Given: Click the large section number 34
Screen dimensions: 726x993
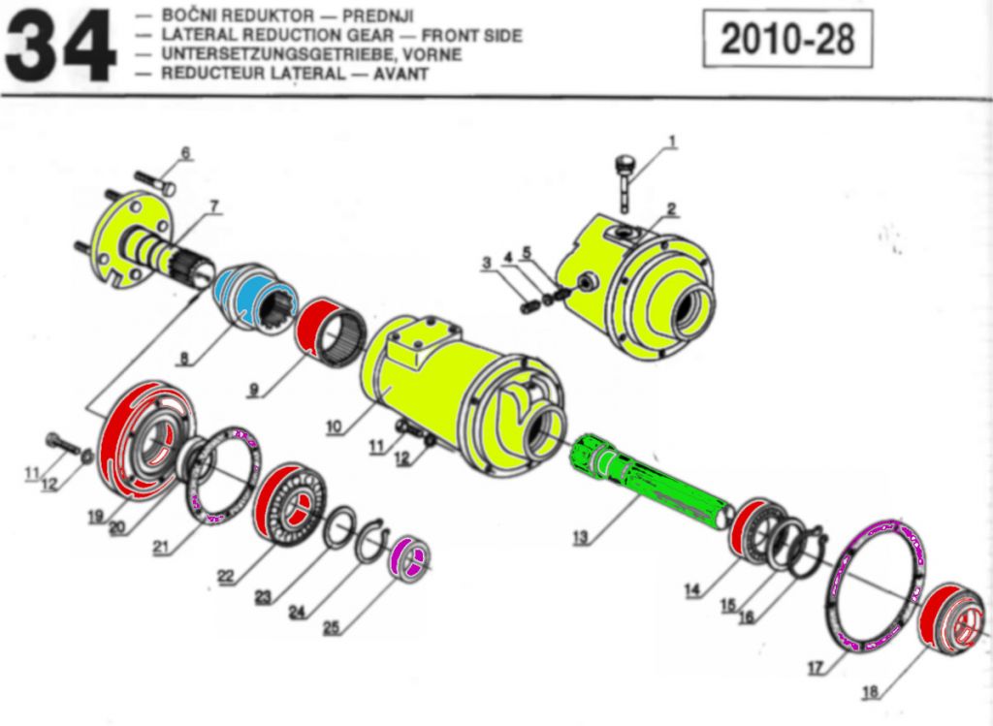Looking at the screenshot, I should [60, 47].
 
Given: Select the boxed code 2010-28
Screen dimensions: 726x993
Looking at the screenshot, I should [787, 39].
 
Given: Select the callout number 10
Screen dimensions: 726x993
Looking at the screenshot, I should [334, 426].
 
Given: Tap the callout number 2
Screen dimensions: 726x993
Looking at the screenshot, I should [671, 208].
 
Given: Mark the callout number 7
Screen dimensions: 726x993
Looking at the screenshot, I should [213, 206].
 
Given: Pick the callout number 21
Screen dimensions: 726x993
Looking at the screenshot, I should [162, 548].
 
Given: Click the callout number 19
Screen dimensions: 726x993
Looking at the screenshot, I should [95, 517].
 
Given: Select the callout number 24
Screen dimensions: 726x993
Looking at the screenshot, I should [298, 612].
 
